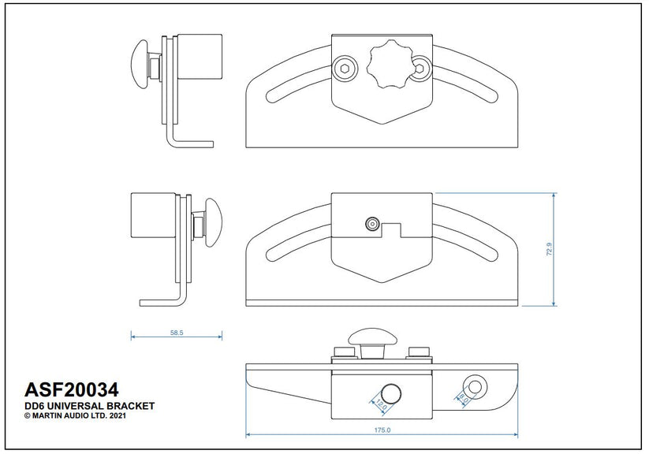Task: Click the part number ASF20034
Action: click(72, 389)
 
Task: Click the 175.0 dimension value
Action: click(382, 430)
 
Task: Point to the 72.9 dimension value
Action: click(549, 250)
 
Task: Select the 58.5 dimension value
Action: click(177, 333)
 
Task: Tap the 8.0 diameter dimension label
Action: click(464, 399)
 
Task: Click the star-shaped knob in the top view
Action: click(384, 67)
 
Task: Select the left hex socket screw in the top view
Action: click(345, 70)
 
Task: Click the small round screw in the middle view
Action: click(371, 225)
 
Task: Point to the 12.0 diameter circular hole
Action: click(390, 393)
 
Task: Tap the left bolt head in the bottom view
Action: click(343, 352)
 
